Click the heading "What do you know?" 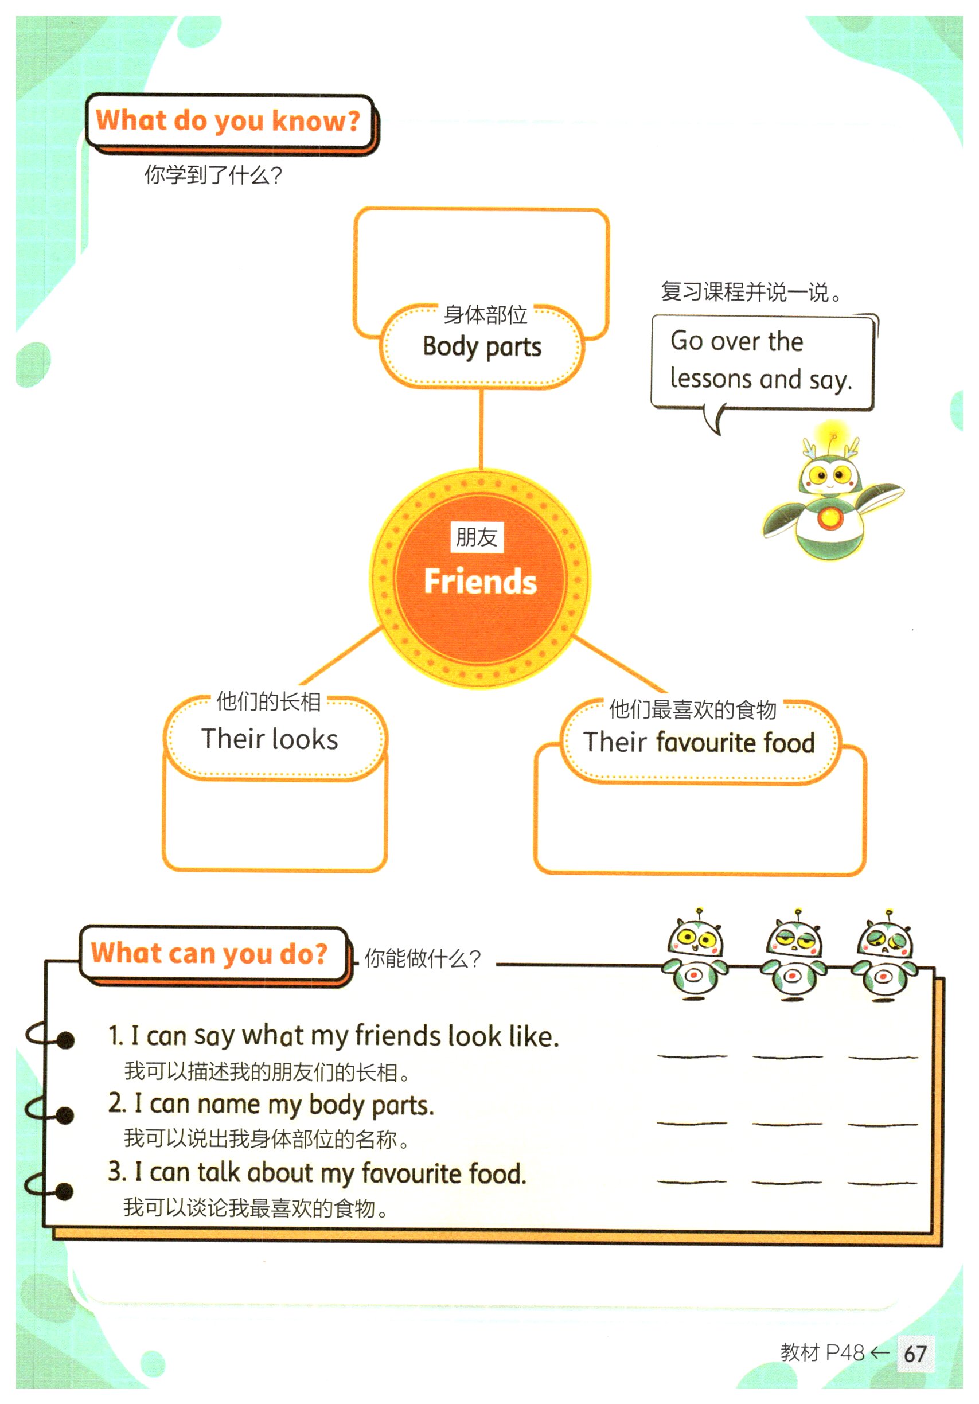[x=228, y=120]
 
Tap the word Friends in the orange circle [x=480, y=581]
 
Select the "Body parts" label [x=482, y=347]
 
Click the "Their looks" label [x=270, y=739]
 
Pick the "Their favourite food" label [x=699, y=742]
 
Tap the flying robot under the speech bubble [x=830, y=498]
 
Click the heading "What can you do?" [x=209, y=953]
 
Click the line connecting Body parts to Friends [x=481, y=428]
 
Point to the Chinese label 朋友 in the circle [x=477, y=537]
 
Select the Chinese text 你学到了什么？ [x=213, y=175]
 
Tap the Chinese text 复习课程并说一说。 [x=751, y=292]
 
